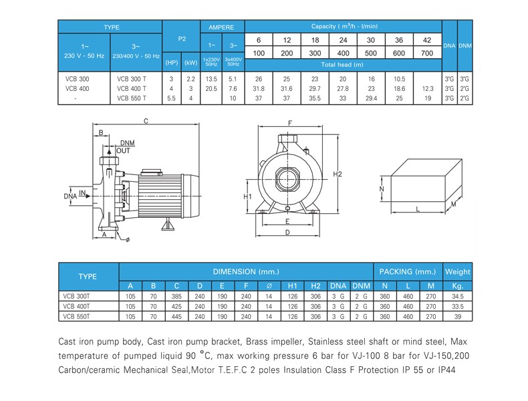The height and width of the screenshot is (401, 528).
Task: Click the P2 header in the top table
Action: pyautogui.click(x=182, y=39)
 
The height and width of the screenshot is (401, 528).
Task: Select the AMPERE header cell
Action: pyautogui.click(x=221, y=27)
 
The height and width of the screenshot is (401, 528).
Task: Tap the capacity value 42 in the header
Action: pyautogui.click(x=427, y=40)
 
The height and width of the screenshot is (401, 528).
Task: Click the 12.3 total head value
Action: pyautogui.click(x=428, y=88)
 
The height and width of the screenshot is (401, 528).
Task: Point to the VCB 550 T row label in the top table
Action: pyautogui.click(x=132, y=98)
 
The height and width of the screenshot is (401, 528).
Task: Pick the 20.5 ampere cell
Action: pyautogui.click(x=211, y=88)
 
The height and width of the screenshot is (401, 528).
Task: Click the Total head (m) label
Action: pyautogui.click(x=342, y=65)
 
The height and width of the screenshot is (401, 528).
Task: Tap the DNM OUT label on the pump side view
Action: pyautogui.click(x=125, y=147)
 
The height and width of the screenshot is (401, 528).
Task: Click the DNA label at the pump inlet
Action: pyautogui.click(x=70, y=196)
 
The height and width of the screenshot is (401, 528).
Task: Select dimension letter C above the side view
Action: pyautogui.click(x=146, y=121)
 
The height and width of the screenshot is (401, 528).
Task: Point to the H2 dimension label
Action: pyautogui.click(x=338, y=174)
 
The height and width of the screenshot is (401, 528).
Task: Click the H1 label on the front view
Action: pyautogui.click(x=247, y=196)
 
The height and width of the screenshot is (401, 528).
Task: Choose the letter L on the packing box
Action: pyautogui.click(x=418, y=209)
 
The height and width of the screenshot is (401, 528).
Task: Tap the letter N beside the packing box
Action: pyautogui.click(x=382, y=188)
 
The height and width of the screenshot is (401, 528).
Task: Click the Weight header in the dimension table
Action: pyautogui.click(x=457, y=272)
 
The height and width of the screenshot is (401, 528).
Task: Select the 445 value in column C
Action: pyautogui.click(x=176, y=317)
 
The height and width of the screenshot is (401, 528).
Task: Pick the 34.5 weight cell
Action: pyautogui.click(x=458, y=296)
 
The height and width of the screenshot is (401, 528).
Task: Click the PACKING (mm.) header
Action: pyautogui.click(x=408, y=272)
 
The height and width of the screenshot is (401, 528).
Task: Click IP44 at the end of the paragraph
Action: pyautogui.click(x=446, y=370)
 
